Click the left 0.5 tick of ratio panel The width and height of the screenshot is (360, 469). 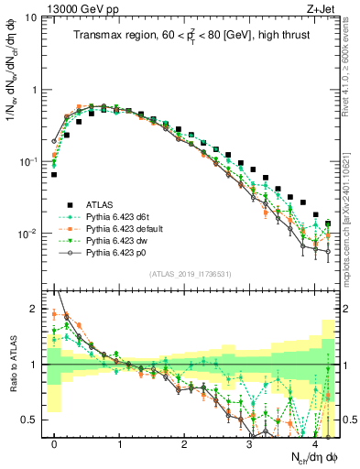30,420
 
